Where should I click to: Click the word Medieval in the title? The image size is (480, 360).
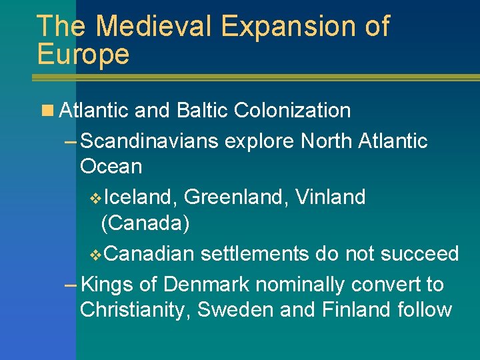coord(153,27)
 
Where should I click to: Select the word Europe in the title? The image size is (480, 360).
coord(83,54)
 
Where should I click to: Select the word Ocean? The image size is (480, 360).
coord(111,167)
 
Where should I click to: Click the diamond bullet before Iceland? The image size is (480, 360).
coord(95,198)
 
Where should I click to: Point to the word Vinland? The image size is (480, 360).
coord(330,197)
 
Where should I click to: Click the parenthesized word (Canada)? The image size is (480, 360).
coord(145,223)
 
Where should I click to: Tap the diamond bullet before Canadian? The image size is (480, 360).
coord(95,255)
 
